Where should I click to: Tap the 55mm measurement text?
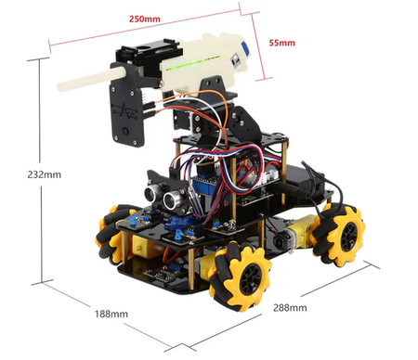pos(281,43)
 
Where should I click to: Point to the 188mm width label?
pos(111,314)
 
